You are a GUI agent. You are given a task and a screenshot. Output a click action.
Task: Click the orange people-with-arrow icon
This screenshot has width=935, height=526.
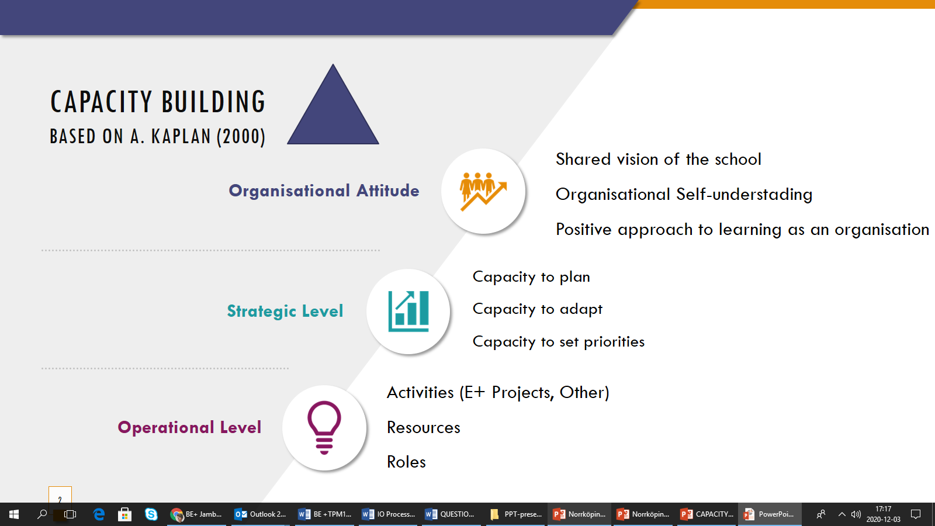(483, 191)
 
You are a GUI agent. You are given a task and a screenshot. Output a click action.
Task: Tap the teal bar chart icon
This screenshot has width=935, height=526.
(408, 311)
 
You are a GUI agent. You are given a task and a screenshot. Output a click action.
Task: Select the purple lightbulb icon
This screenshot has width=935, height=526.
(324, 427)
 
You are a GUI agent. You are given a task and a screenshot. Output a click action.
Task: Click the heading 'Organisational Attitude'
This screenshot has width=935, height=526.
(324, 191)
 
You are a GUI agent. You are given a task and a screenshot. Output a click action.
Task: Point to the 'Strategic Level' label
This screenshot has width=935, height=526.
(285, 311)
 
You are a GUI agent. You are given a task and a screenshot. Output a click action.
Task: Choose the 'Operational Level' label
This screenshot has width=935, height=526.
(189, 427)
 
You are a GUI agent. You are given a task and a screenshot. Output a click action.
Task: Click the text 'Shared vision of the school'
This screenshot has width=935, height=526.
(658, 159)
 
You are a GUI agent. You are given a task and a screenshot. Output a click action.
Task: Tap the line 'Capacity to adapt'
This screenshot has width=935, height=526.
(537, 309)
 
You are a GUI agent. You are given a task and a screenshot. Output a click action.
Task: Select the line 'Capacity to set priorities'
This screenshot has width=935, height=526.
(559, 341)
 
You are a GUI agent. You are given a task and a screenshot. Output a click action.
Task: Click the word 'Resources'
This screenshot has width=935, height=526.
(423, 427)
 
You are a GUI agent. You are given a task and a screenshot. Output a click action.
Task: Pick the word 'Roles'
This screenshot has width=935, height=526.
(406, 462)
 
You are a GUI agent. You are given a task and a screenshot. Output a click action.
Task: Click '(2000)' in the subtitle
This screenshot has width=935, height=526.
(241, 137)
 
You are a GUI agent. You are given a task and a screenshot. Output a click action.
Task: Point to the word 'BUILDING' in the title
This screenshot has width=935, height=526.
(213, 102)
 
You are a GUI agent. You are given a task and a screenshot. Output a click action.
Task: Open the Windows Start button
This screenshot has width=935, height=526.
(14, 514)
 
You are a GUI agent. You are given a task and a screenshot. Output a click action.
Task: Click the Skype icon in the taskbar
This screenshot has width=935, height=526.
(151, 514)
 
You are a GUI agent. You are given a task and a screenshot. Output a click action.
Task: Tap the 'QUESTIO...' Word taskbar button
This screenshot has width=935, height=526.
(450, 514)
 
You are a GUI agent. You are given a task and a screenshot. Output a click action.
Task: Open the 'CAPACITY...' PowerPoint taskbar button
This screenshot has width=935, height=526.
(707, 514)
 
